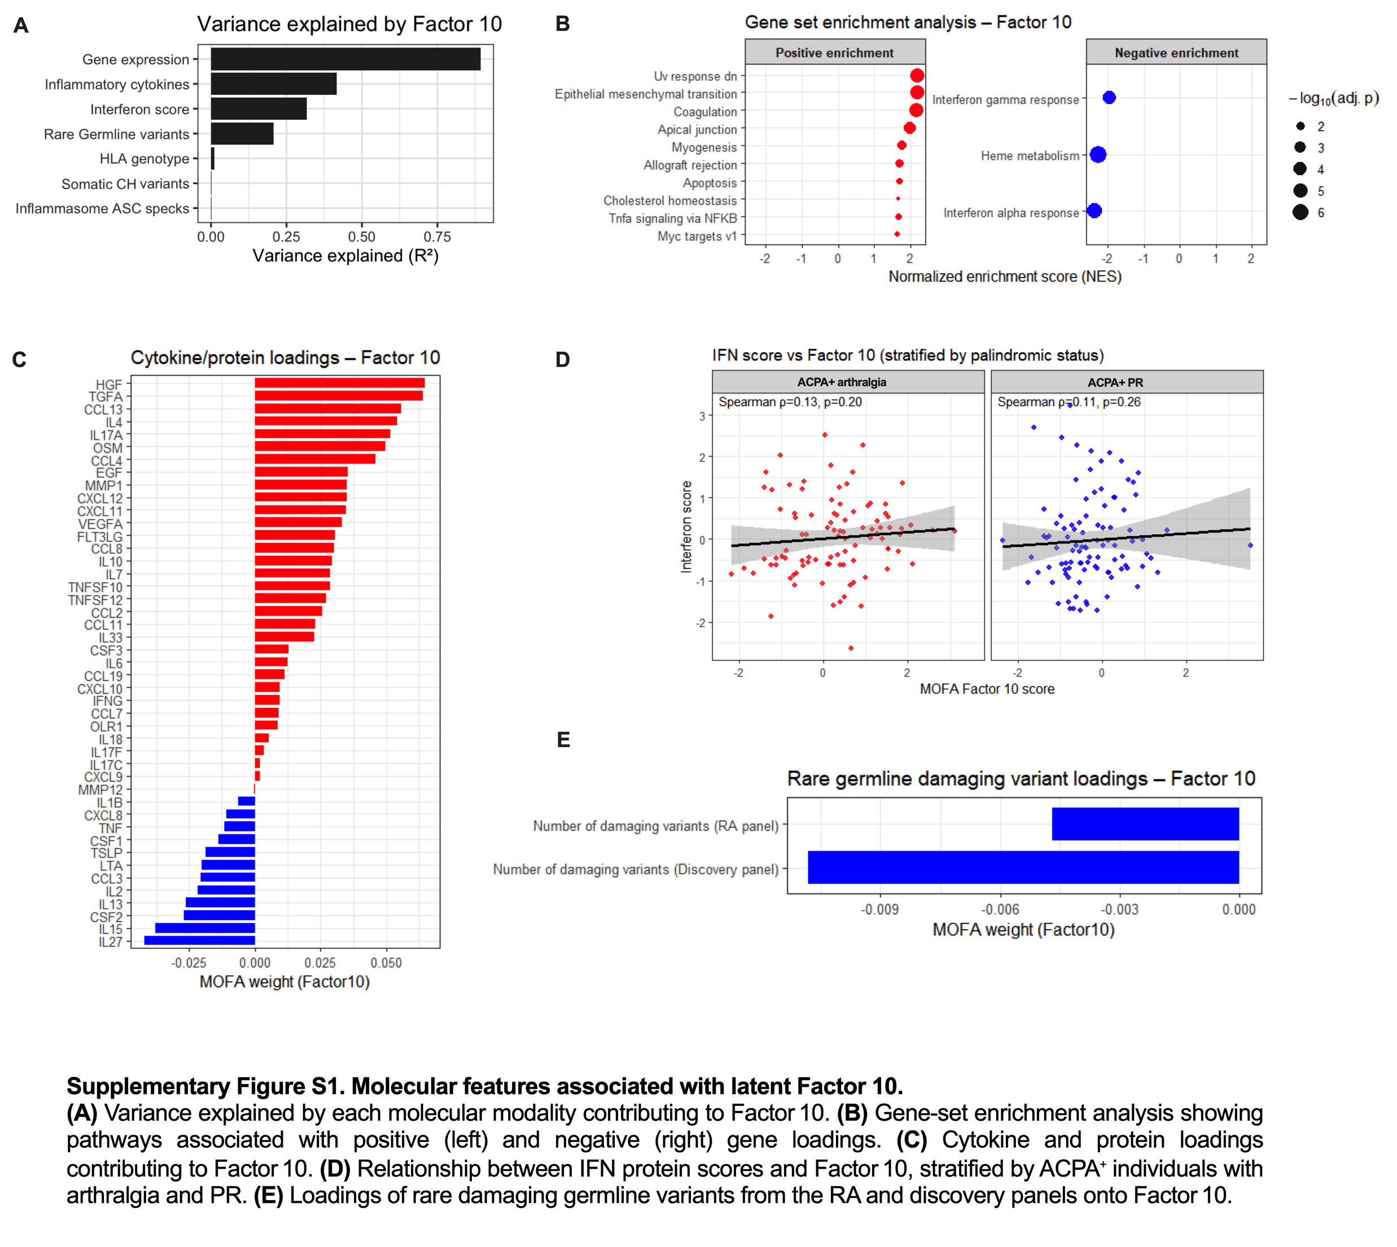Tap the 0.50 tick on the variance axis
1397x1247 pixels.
pyautogui.click(x=361, y=237)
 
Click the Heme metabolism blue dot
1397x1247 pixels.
pyautogui.click(x=1098, y=155)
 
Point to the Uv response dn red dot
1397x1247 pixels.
pyautogui.click(x=917, y=76)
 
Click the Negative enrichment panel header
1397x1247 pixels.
pyautogui.click(x=1176, y=52)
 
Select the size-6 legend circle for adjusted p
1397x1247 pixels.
pyautogui.click(x=1300, y=212)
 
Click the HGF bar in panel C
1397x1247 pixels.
pyautogui.click(x=339, y=383)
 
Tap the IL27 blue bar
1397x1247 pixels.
pyautogui.click(x=199, y=940)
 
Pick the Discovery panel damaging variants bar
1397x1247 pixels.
pyautogui.click(x=1023, y=868)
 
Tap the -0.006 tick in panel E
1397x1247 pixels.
pyautogui.click(x=1000, y=910)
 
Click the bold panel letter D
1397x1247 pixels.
pyautogui.click(x=563, y=360)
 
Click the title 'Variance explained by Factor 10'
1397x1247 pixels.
pyautogui.click(x=349, y=24)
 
